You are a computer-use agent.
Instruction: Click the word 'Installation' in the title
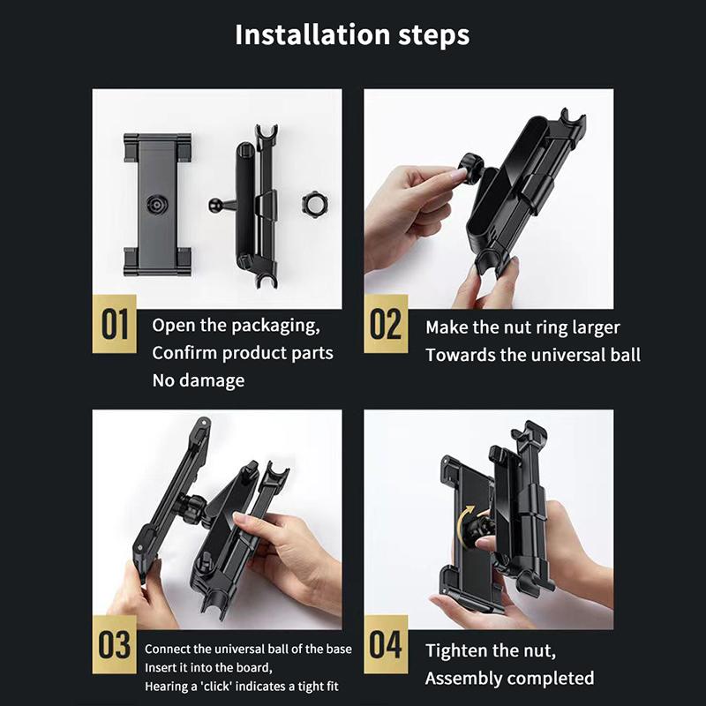point(312,35)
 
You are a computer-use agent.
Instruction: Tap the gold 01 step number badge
point(115,324)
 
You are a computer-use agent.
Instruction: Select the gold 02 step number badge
point(386,324)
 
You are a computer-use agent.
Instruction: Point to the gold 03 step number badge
point(115,644)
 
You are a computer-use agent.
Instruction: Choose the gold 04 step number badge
point(386,644)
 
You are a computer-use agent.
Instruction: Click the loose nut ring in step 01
point(314,203)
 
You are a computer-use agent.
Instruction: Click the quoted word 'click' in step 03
point(217,687)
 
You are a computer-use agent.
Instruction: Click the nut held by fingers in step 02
point(472,168)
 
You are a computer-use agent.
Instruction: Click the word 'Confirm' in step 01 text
point(184,353)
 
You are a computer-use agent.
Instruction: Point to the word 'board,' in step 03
point(254,667)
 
